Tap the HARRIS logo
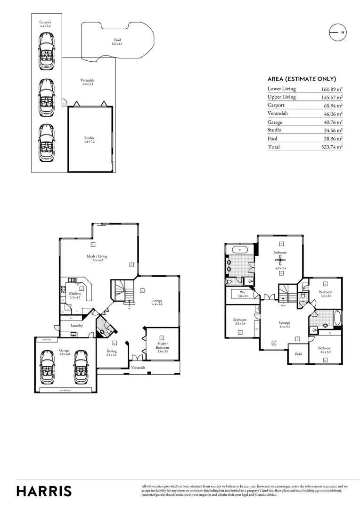point(44,491)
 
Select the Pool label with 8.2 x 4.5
point(117,41)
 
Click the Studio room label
point(89,140)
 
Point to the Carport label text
point(45,24)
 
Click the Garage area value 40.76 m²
point(333,122)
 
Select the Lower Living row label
point(281,89)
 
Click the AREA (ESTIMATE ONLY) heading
point(302,79)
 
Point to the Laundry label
point(77,325)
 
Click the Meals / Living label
point(97,258)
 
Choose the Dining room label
point(111,353)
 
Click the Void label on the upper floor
point(298,354)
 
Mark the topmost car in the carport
point(46,48)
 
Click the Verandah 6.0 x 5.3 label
point(88,82)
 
